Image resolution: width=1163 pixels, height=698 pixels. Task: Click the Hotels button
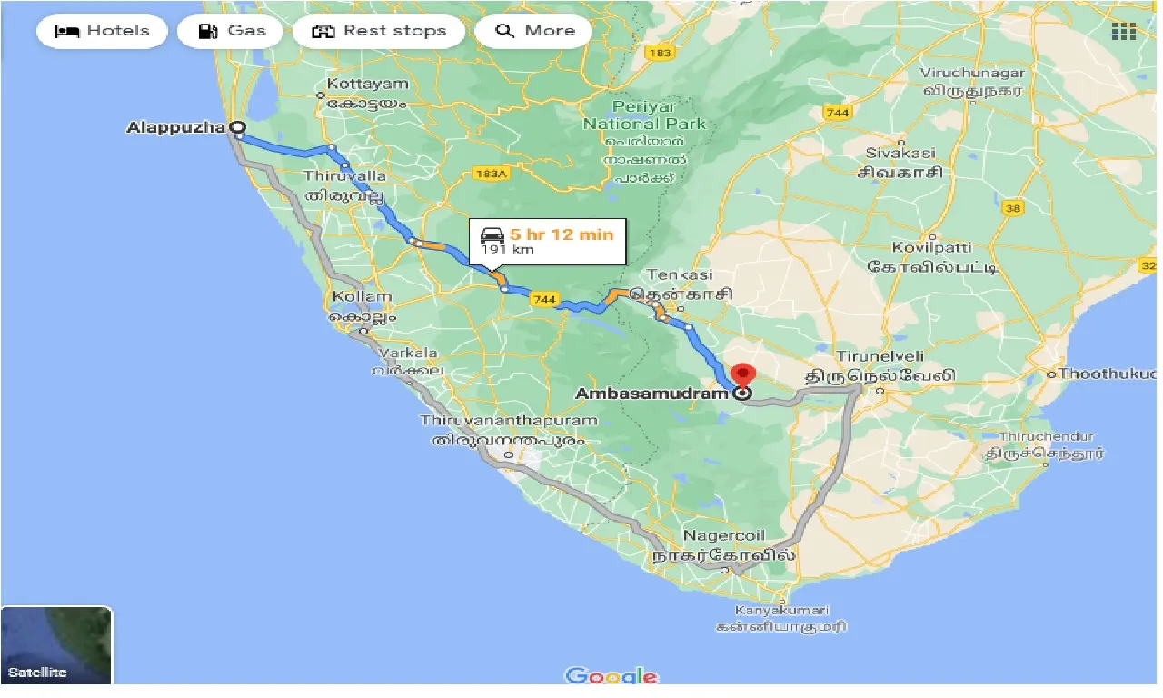click(x=102, y=31)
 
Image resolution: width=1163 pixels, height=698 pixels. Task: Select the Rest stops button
click(x=378, y=31)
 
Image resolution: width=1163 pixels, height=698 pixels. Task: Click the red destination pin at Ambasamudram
click(x=743, y=375)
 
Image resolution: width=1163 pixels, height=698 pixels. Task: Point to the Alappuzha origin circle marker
click(x=237, y=128)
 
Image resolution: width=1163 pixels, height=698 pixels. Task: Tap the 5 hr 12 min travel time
click(x=562, y=234)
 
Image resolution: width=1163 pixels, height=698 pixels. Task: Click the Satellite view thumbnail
click(x=56, y=645)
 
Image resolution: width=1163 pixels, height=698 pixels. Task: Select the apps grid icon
click(x=1124, y=31)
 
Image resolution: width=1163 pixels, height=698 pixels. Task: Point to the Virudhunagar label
click(x=972, y=73)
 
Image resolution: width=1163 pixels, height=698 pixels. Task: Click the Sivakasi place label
click(x=900, y=154)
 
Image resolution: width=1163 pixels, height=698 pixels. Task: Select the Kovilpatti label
click(x=932, y=247)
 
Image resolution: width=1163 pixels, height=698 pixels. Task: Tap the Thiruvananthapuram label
click(x=509, y=421)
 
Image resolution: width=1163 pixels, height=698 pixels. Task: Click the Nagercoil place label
click(x=724, y=535)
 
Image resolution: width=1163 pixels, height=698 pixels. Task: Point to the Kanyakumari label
click(x=780, y=609)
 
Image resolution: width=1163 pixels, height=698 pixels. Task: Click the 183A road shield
click(x=491, y=174)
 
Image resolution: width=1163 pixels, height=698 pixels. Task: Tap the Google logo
click(x=611, y=676)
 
